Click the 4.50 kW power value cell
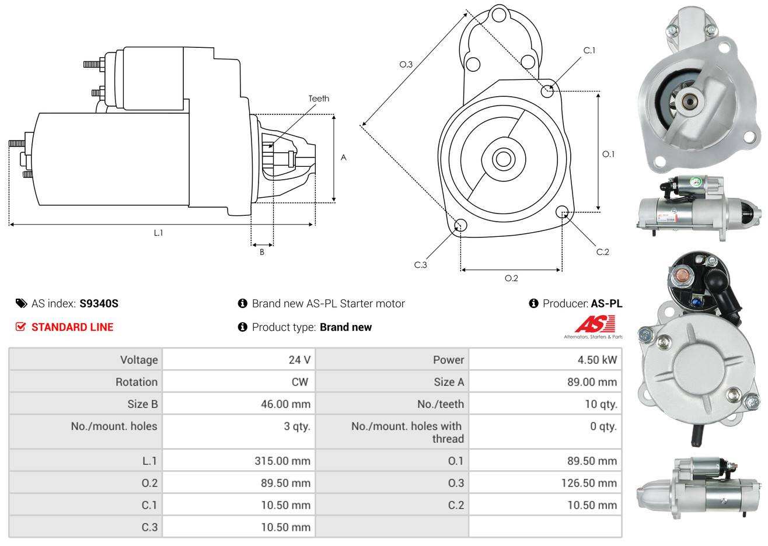(597, 359)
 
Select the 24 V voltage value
(299, 359)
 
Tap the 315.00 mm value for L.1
(282, 461)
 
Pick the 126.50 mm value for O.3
(589, 483)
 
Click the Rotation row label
(137, 382)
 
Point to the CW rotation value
(299, 382)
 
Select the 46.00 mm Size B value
(285, 404)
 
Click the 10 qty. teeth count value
(601, 404)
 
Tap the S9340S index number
(99, 303)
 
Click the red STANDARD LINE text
(72, 327)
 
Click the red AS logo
(595, 324)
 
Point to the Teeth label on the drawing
(319, 99)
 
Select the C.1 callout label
(589, 50)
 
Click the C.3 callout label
(420, 265)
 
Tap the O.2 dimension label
(511, 278)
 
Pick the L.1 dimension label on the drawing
(158, 233)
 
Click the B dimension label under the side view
(262, 252)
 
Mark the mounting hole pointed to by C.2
(561, 212)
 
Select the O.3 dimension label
(406, 64)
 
